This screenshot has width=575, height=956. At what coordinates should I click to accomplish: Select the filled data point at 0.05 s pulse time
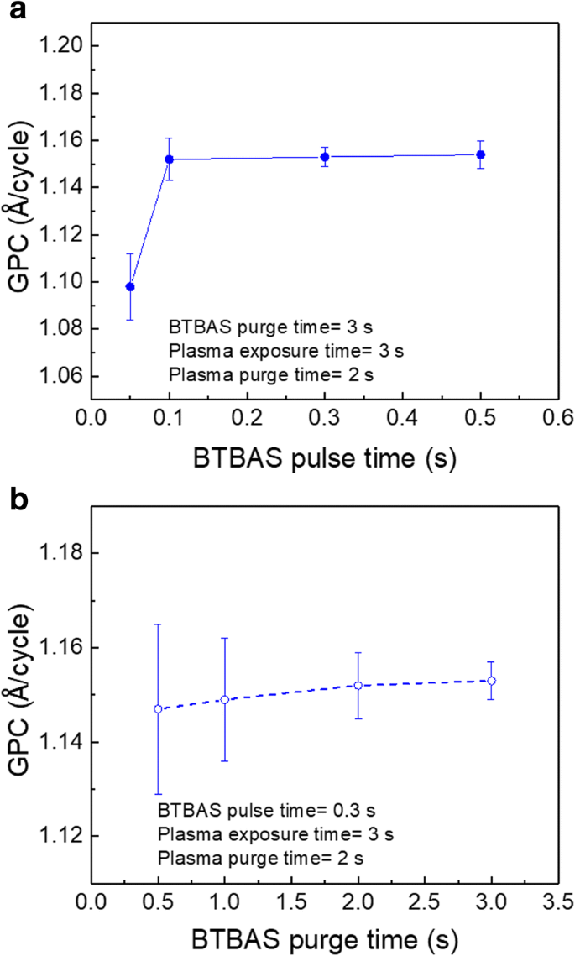coord(130,287)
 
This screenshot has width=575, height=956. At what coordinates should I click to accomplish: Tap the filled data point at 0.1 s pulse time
coord(169,159)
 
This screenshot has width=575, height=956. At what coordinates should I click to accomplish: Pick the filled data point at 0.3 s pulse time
coord(325,157)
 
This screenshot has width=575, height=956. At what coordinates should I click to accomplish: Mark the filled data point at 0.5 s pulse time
coord(481,154)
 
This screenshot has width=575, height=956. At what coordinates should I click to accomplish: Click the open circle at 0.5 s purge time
coord(158,709)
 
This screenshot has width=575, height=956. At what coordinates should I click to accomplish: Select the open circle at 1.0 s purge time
coord(224,699)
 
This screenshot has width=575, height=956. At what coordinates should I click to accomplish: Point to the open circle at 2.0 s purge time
coord(358,686)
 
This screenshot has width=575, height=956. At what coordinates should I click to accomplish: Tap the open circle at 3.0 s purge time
coord(492,681)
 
